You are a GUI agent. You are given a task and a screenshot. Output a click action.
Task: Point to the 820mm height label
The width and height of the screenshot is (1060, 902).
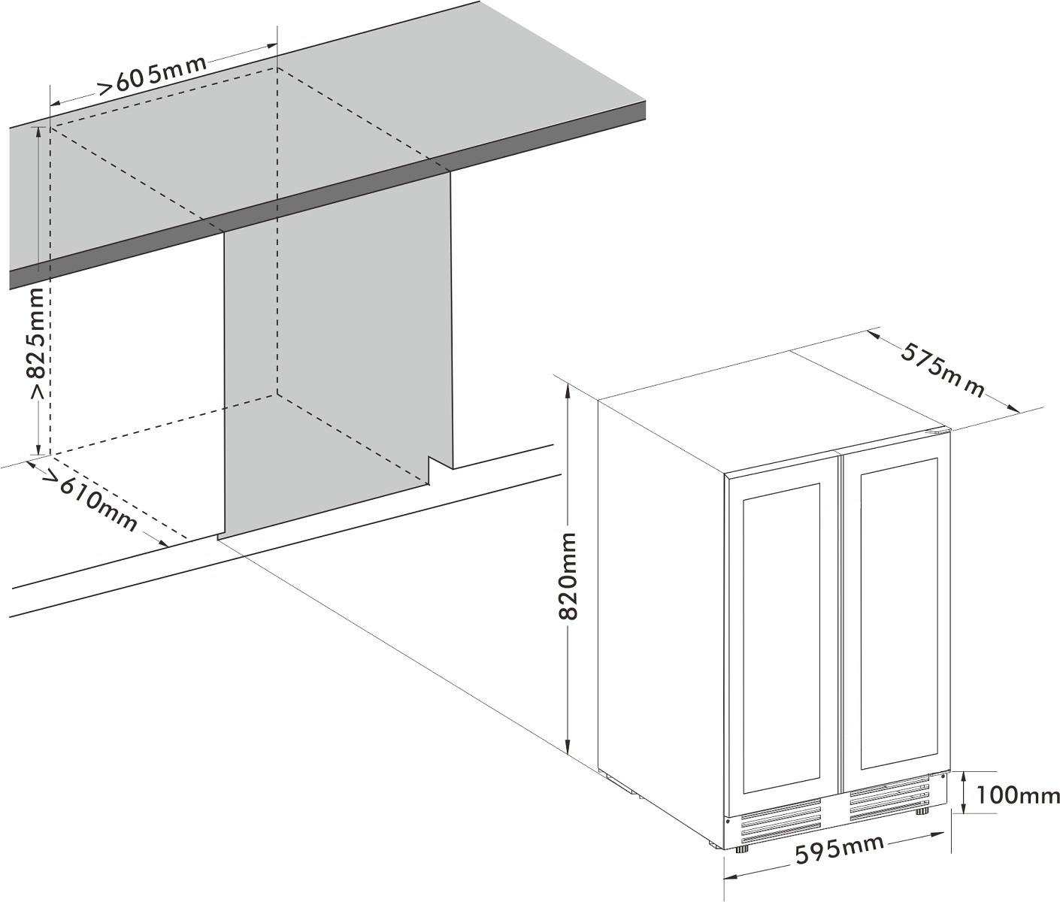[569, 576]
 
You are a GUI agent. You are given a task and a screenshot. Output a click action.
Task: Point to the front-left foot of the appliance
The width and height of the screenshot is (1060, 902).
[743, 849]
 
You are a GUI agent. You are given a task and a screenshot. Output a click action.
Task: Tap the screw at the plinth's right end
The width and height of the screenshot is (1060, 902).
[943, 776]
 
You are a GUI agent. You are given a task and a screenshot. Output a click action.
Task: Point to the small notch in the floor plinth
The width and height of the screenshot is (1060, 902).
[435, 468]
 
